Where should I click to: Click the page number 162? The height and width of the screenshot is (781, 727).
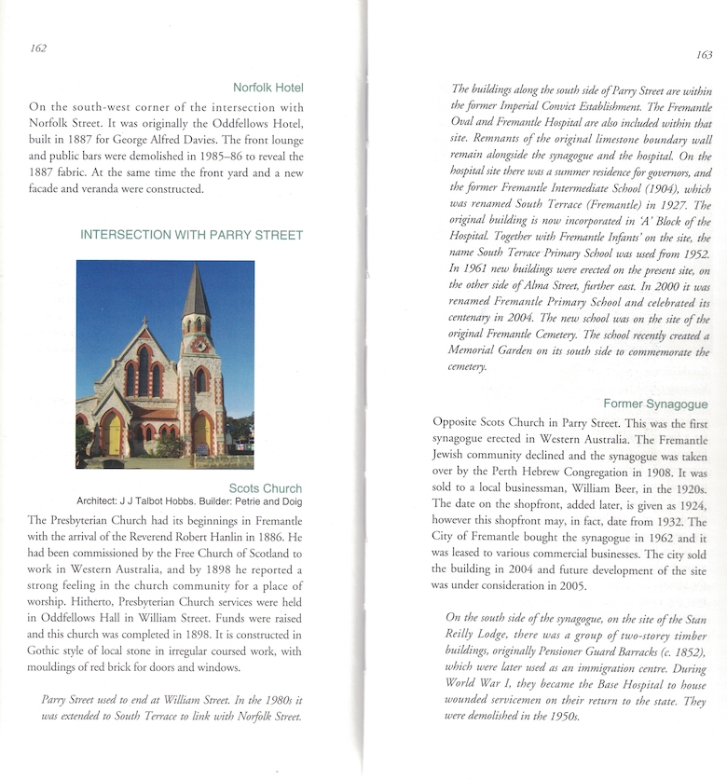coord(38,48)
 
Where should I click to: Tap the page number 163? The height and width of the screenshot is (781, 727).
coord(704,55)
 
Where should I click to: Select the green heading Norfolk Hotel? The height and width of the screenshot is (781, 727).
coord(268,88)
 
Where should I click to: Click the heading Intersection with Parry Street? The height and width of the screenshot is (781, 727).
coord(192,235)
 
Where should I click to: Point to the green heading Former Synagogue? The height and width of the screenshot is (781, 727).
coord(655,404)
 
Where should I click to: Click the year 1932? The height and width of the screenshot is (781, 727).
coord(665,521)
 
